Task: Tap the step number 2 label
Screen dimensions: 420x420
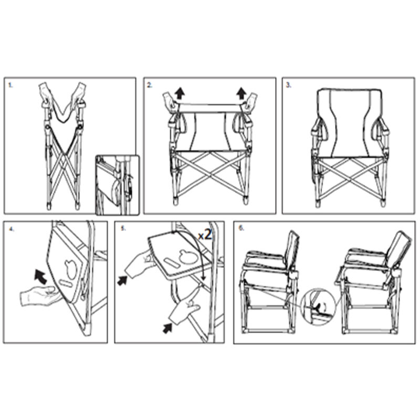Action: (x=150, y=85)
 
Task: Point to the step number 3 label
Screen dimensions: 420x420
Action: (x=288, y=85)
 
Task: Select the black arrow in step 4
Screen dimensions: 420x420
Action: (x=40, y=274)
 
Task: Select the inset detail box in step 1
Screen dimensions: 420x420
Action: (x=117, y=184)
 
